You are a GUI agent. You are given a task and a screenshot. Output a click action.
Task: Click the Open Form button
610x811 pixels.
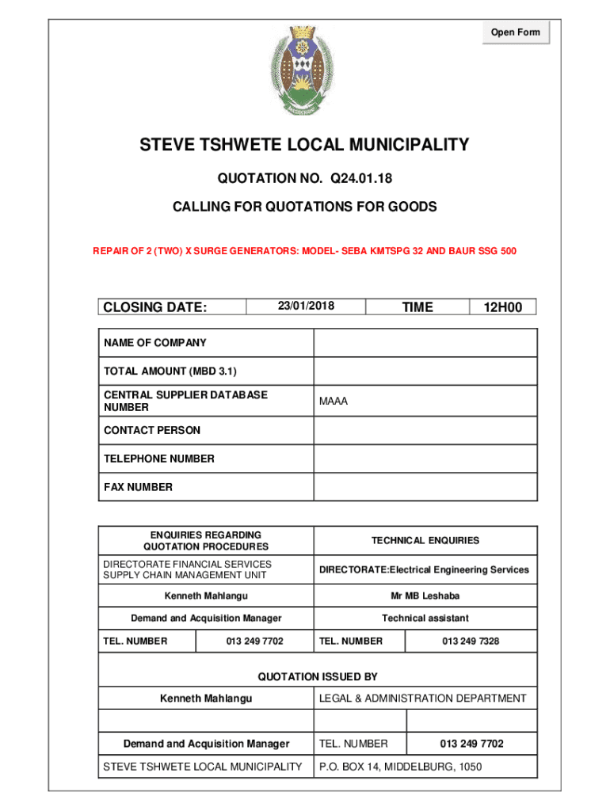pos(515,32)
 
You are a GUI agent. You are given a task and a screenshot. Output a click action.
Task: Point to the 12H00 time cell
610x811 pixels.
pos(503,307)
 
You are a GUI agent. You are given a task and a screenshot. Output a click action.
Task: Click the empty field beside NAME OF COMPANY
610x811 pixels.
pos(425,343)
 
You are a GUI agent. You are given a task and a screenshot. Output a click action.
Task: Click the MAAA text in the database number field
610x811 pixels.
pos(334,402)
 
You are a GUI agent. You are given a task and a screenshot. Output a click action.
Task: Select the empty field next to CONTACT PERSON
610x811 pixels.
pos(425,430)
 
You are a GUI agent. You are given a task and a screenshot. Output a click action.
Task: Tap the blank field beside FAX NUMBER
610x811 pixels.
pos(425,487)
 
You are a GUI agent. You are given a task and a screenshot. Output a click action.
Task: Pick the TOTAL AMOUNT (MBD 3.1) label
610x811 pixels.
pos(170,371)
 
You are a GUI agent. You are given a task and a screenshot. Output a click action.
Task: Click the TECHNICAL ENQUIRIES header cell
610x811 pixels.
pos(425,540)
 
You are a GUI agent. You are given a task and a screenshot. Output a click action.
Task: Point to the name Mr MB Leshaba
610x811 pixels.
pos(425,596)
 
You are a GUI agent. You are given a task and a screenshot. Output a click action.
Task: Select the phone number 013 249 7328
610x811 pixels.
pos(471,641)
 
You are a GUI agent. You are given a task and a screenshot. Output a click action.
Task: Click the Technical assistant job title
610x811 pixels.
pos(425,618)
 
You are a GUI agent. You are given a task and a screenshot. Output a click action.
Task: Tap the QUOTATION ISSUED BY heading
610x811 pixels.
pos(318,676)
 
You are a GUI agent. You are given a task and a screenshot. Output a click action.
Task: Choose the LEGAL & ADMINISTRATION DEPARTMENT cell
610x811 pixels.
pos(422,699)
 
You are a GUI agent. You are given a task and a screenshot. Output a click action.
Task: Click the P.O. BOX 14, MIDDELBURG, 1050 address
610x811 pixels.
pos(400,767)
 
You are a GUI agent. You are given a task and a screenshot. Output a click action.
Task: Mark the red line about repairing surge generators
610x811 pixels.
pos(305,251)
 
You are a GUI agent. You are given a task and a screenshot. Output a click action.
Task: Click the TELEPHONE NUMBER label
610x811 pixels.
pos(158,459)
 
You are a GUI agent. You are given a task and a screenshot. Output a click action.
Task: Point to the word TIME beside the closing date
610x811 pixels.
pos(417,307)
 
